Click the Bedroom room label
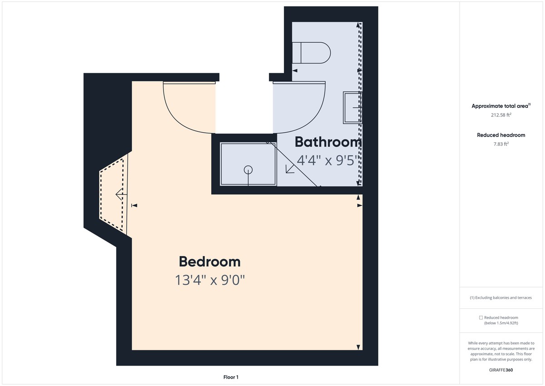click(x=209, y=262)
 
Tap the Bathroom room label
click(x=328, y=142)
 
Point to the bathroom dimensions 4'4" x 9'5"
click(x=328, y=160)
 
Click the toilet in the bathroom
click(x=311, y=53)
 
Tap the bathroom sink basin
click(x=352, y=107)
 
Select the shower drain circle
click(x=248, y=170)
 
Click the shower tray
click(x=248, y=164)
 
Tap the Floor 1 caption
click(x=231, y=377)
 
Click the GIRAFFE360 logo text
click(x=501, y=370)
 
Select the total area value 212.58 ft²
click(x=501, y=115)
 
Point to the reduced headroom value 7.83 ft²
click(x=501, y=144)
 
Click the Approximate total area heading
click(x=500, y=106)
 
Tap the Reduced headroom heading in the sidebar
click(x=501, y=135)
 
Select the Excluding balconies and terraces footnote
click(x=501, y=298)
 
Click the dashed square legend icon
click(x=481, y=318)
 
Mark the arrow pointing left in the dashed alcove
click(x=120, y=195)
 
